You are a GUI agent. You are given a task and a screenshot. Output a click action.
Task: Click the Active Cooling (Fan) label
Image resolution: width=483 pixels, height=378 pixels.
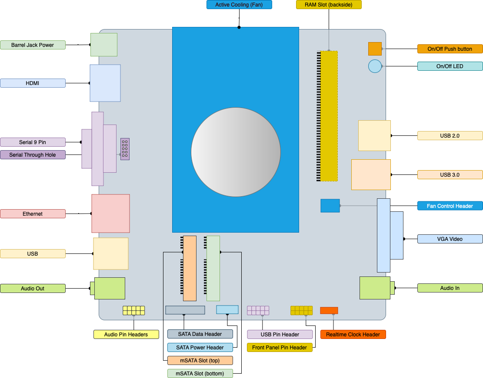(239, 5)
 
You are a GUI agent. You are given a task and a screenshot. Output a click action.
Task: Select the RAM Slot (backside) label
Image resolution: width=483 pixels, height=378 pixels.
(329, 5)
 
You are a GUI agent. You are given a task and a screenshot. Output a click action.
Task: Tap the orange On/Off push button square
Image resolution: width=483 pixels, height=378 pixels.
(375, 49)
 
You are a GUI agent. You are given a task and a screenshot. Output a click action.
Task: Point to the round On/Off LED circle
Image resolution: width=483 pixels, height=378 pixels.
(375, 66)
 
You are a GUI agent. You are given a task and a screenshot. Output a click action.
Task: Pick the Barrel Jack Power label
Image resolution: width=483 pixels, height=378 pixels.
(33, 45)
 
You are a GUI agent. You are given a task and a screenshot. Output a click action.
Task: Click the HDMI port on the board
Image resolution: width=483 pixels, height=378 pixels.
(105, 83)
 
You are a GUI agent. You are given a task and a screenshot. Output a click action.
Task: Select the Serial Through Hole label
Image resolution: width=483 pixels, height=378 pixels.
(33, 155)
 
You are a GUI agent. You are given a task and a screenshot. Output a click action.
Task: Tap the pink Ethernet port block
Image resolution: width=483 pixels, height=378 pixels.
(110, 214)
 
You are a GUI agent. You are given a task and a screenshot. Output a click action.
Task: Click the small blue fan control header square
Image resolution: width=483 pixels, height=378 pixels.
(330, 206)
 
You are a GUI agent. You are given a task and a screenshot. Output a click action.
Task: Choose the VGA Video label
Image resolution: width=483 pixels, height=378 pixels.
(450, 239)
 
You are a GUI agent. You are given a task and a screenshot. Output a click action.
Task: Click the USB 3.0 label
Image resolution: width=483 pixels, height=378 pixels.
(450, 175)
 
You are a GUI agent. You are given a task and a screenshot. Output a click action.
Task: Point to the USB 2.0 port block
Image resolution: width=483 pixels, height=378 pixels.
(374, 135)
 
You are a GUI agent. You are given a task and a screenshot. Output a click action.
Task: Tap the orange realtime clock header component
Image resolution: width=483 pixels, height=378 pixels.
(329, 310)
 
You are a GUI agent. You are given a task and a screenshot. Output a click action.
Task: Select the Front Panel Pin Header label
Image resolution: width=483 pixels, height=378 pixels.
(280, 348)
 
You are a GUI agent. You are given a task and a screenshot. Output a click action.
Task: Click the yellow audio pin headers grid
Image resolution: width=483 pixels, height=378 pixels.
(133, 310)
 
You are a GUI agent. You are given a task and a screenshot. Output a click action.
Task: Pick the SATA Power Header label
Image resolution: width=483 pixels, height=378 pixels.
(200, 348)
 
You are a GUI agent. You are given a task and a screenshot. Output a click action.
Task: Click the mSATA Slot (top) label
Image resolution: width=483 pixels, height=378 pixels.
(200, 361)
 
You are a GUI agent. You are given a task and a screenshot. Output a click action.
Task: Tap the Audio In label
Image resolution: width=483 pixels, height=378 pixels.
(450, 288)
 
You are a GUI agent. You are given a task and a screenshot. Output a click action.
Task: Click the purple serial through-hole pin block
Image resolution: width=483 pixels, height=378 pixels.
(125, 149)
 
